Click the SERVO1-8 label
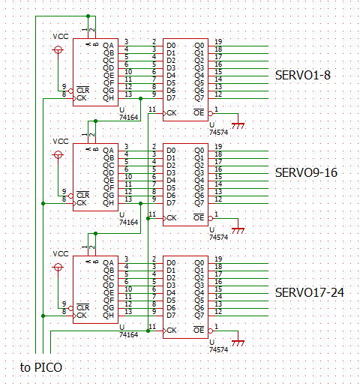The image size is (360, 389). [x=303, y=75]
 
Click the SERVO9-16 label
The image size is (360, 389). [x=306, y=172]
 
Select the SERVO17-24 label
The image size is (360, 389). [x=310, y=292]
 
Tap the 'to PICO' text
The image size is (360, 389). [x=41, y=367]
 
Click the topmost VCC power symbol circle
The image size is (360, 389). [x=58, y=49]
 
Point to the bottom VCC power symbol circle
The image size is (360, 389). [x=58, y=267]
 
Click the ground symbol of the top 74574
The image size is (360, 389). [x=238, y=126]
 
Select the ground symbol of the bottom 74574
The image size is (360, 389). [x=238, y=343]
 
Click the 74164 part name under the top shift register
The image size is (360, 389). [x=128, y=117]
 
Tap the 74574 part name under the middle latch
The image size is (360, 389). [x=218, y=237]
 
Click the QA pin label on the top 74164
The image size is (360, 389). [x=108, y=46]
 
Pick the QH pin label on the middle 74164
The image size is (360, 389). [x=108, y=203]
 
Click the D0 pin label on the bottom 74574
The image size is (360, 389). [x=171, y=263]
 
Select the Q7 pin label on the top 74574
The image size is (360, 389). [x=199, y=98]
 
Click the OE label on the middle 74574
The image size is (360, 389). [x=199, y=217]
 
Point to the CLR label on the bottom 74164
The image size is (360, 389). [x=82, y=307]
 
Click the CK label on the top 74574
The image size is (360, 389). [x=172, y=113]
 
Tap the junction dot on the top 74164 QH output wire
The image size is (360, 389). [x=141, y=99]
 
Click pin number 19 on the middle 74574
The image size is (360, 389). [x=218, y=146]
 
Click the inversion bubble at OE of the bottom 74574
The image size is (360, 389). [x=211, y=331]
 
